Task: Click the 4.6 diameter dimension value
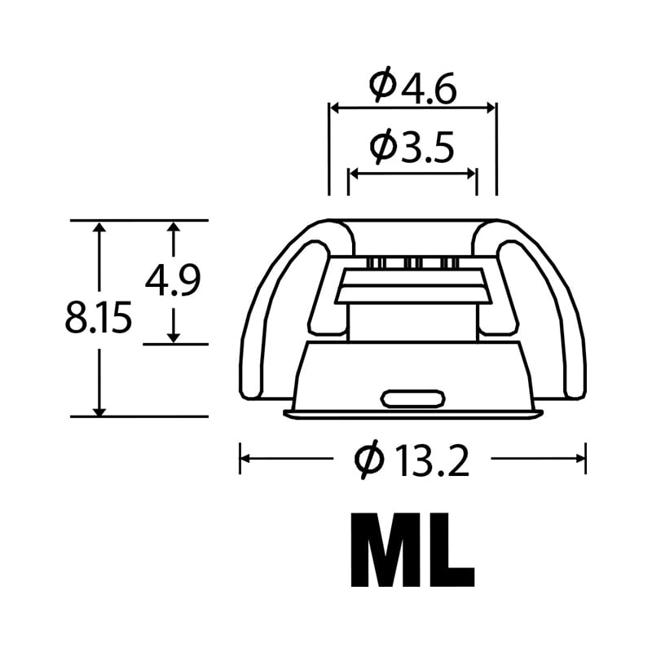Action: [x=428, y=89]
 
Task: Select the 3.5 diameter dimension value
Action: [x=427, y=148]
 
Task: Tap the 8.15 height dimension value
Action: [x=99, y=318]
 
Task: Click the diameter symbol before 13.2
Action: [x=368, y=460]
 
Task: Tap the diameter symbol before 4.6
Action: [x=381, y=85]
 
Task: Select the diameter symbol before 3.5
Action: [x=381, y=145]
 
